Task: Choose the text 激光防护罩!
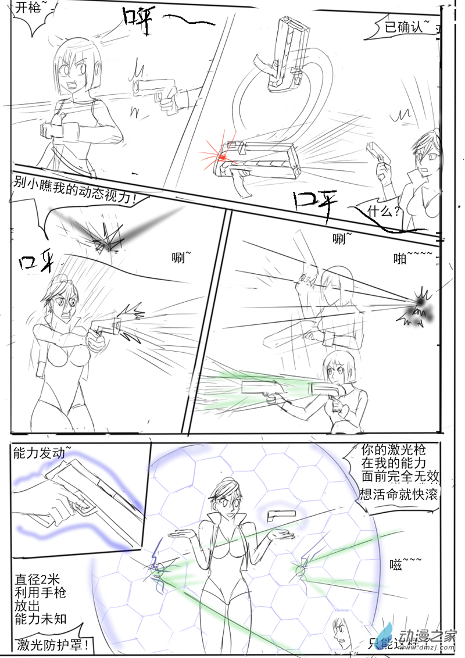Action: coord(53,643)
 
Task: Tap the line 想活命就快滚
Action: coord(399,495)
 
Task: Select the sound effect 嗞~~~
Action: coord(405,562)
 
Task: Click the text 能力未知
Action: coord(41,620)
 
